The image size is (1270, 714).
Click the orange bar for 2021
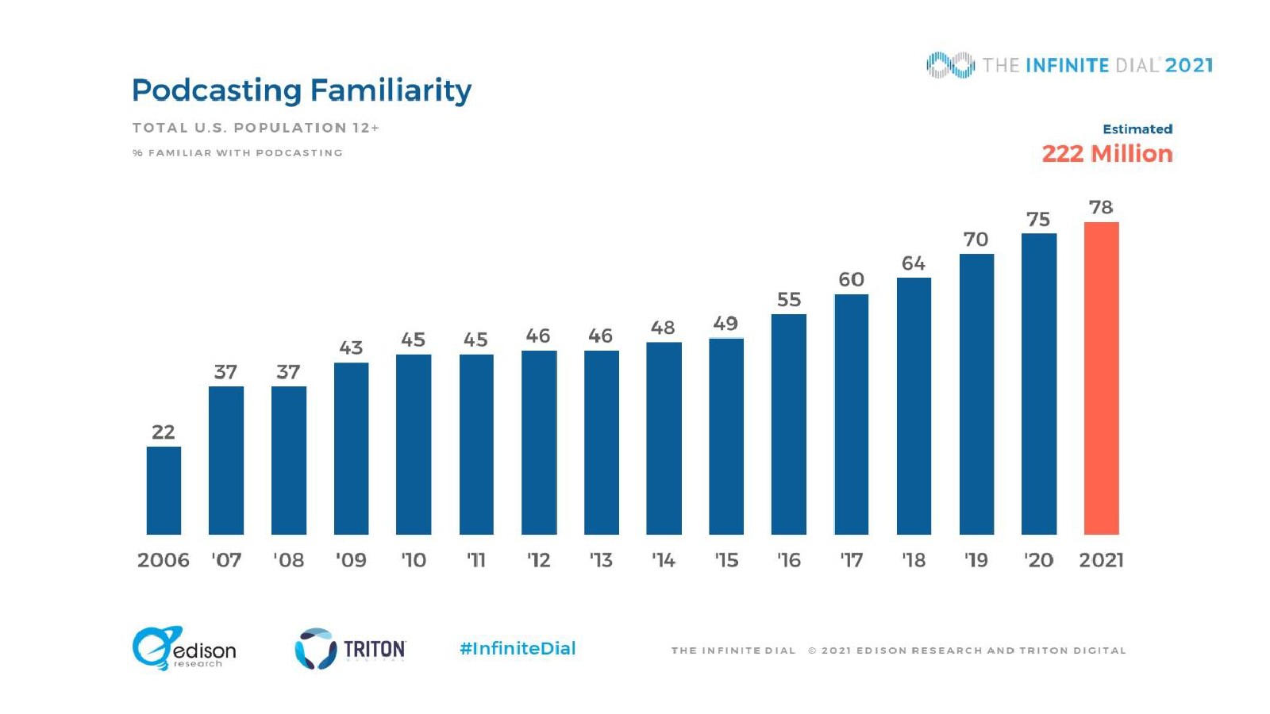pos(1101,378)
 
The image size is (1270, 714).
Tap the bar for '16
pos(788,424)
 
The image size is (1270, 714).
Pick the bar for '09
pos(351,448)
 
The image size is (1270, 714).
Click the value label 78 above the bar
pos(1101,207)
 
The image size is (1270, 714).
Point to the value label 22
pos(164,432)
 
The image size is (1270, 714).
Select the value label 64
pos(914,263)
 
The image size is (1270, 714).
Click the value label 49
pos(725,324)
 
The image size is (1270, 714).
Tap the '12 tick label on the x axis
pos(538,560)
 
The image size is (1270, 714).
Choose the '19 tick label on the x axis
pos(976,560)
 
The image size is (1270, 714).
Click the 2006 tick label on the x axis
pos(164,560)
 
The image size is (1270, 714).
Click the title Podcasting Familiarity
pos(302,90)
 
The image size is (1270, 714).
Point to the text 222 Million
pos(1107,153)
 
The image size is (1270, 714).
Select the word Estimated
pos(1137,129)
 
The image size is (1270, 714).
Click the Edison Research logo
pos(184,648)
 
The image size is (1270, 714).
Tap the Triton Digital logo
pos(350,649)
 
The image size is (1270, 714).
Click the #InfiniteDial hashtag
pos(518,648)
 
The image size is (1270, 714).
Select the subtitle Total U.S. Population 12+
pos(256,128)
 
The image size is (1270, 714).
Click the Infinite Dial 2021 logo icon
pos(950,65)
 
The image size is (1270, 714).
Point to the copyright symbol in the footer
pos(812,651)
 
